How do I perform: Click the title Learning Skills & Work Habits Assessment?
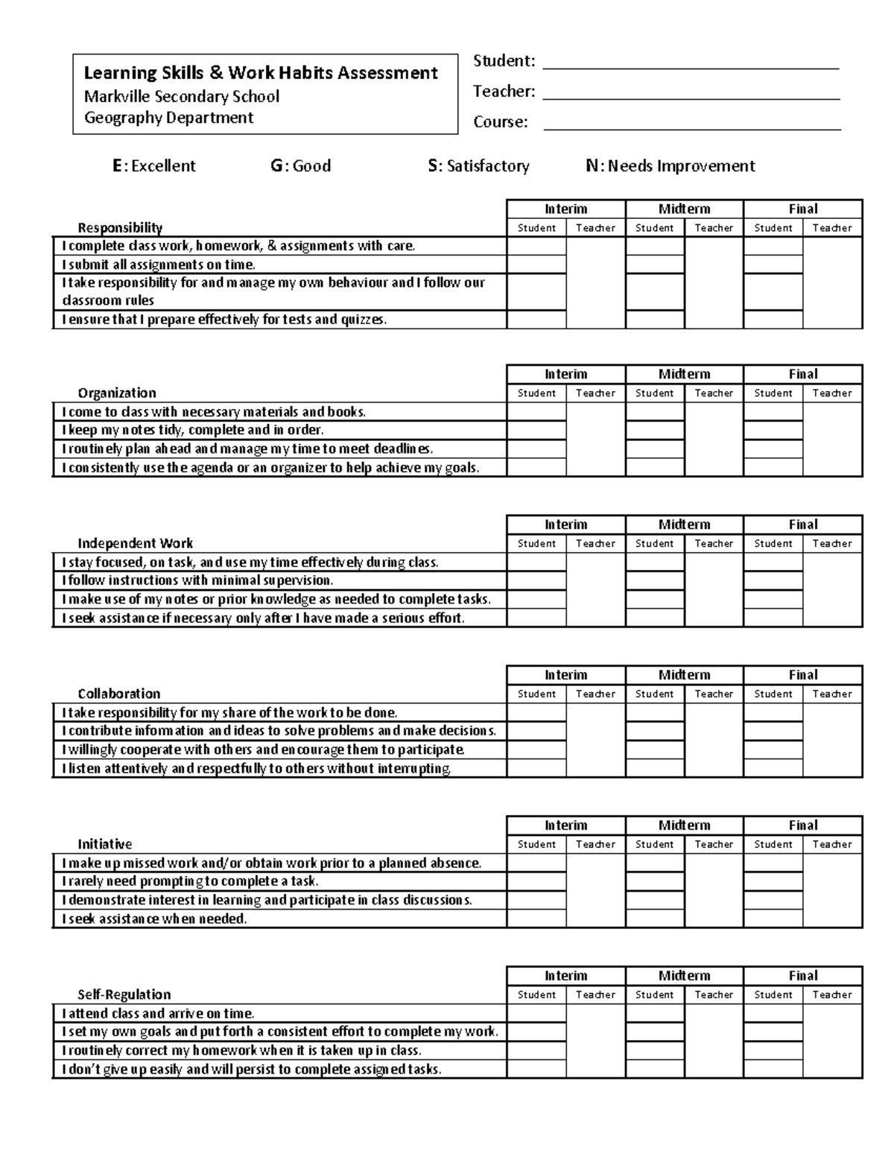click(261, 73)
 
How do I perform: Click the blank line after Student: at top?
click(691, 63)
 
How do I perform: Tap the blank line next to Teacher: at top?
click(691, 93)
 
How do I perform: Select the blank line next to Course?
click(691, 124)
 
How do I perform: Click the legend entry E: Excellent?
click(154, 166)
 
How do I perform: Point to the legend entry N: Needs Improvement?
click(670, 166)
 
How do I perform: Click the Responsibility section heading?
click(120, 228)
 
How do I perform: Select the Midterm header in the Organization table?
click(684, 374)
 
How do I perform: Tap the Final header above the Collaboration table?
click(802, 675)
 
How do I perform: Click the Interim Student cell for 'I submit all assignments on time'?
click(536, 264)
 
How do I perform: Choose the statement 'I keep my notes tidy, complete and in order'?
click(193, 430)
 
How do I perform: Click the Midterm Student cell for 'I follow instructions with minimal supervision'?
click(655, 580)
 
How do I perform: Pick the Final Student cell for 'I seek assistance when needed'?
click(773, 919)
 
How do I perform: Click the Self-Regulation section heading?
click(124, 995)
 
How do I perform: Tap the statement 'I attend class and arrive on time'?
click(158, 1013)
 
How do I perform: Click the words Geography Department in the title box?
click(168, 118)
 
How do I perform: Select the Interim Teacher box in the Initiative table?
click(595, 890)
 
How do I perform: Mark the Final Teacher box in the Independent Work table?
click(832, 589)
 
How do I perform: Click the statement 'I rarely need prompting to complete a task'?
click(190, 881)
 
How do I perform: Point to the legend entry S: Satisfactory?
click(478, 166)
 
